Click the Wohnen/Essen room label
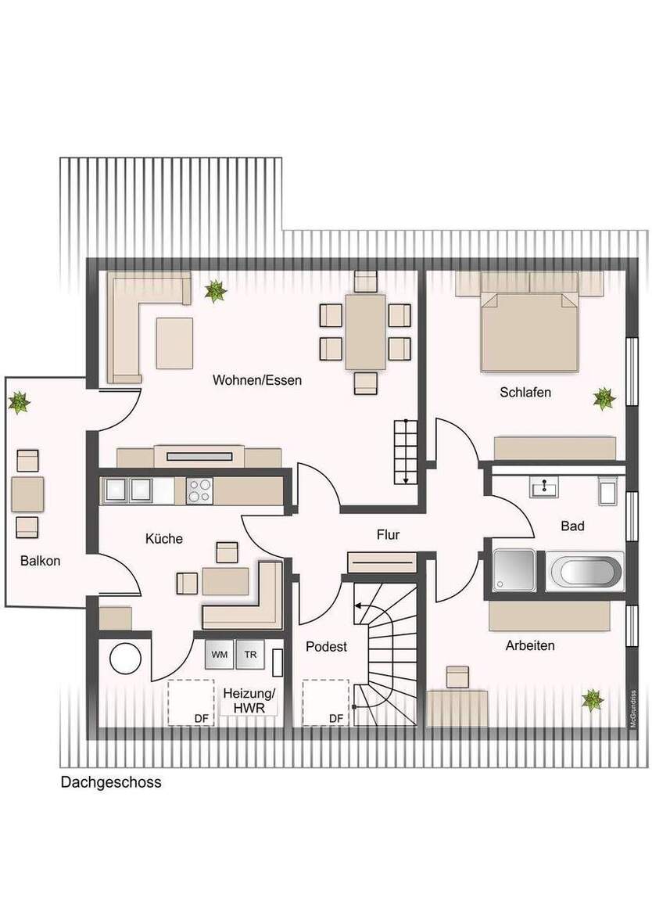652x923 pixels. (257, 381)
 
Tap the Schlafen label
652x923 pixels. (525, 392)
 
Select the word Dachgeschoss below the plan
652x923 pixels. (111, 782)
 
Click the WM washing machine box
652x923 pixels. (220, 655)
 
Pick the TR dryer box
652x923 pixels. (250, 655)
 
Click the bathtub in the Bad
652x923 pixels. (585, 571)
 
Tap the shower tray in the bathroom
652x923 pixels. (514, 569)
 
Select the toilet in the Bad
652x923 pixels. (609, 490)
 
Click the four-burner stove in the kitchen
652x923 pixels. (199, 490)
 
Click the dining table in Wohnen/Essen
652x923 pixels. (365, 331)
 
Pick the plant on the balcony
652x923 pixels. (19, 403)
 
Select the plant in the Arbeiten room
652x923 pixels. (593, 699)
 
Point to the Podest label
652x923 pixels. (326, 647)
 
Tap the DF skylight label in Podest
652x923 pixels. (335, 718)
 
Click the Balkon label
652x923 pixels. (41, 561)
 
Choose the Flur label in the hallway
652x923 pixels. (388, 535)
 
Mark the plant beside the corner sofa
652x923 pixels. (215, 292)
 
